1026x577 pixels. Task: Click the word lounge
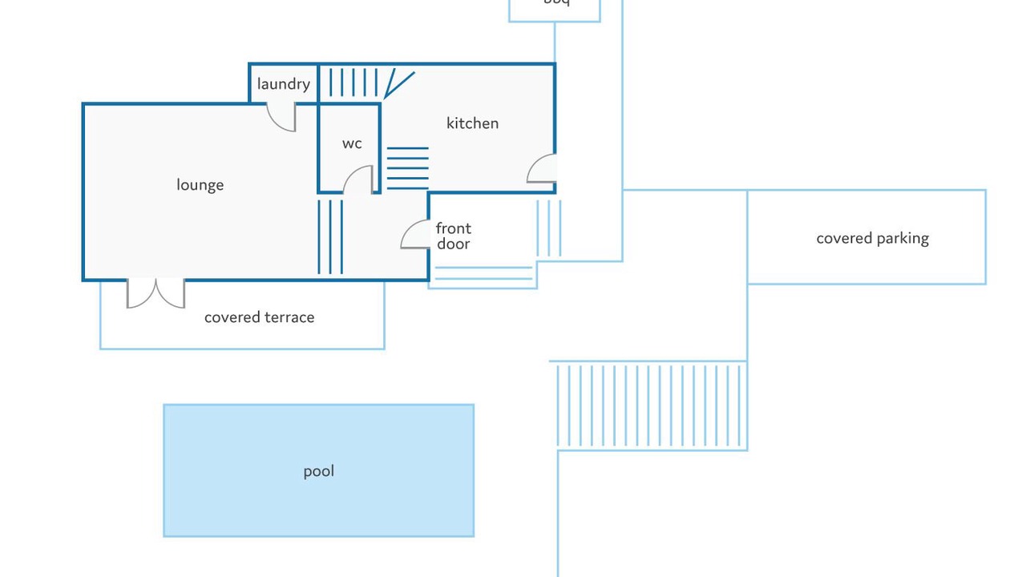(200, 185)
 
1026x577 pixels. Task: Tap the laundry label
(283, 84)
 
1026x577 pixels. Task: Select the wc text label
(352, 143)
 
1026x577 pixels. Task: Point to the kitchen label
(472, 123)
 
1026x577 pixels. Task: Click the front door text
(454, 236)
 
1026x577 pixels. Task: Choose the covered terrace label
(259, 317)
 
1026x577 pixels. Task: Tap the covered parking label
(872, 238)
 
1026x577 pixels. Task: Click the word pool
(318, 471)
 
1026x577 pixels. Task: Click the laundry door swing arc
(281, 118)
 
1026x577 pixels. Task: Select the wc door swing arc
(358, 180)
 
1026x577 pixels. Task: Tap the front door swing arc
(415, 234)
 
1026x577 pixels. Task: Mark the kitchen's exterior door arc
(541, 168)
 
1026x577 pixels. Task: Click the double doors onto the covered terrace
(156, 293)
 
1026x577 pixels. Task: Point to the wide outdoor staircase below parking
(649, 405)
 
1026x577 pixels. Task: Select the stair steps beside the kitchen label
(407, 167)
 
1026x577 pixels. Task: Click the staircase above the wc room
(353, 83)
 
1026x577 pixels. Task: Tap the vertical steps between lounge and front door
(330, 236)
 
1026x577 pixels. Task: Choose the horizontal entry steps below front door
(483, 273)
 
